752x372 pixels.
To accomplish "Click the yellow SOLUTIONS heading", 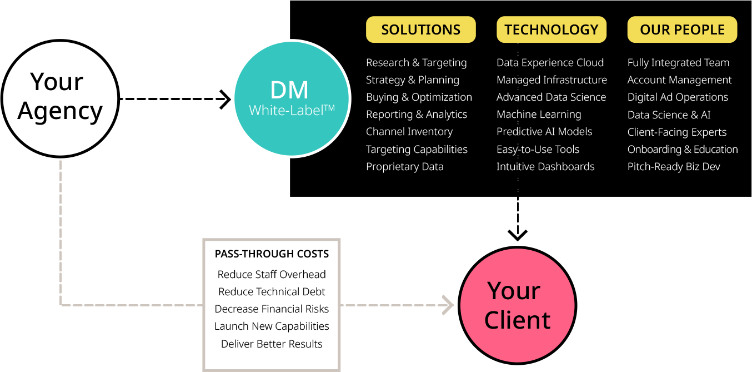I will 420,30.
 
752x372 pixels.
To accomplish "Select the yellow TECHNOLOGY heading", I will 552,30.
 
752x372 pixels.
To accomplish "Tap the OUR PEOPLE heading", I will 682,30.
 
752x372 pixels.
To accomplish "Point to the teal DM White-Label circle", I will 292,99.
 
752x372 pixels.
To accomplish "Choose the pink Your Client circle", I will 518,305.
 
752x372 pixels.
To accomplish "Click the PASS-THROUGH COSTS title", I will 272,254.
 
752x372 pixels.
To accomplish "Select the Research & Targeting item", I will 416,63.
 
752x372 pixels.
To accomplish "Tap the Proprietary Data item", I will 404,167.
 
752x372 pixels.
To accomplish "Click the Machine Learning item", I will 539,115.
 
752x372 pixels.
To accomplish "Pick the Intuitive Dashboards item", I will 545,167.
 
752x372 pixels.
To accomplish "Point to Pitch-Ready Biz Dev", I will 674,167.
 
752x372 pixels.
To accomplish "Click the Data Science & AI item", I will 669,115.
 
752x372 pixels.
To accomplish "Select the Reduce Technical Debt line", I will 272,292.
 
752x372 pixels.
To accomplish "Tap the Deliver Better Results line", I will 272,344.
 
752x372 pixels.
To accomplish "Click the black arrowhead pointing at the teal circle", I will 225,100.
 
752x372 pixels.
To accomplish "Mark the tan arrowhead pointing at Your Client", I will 448,305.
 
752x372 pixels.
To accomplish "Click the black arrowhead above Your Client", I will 518,235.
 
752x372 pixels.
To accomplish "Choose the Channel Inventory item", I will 409,132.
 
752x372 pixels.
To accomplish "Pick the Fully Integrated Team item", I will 678,63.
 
